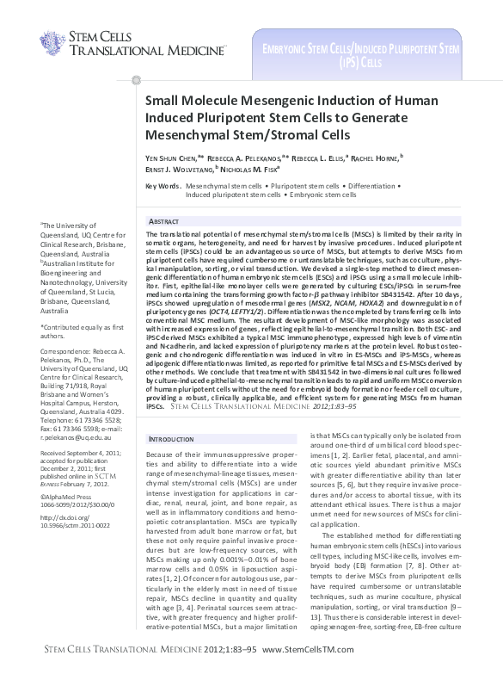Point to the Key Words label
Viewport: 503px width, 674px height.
(x=163, y=186)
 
